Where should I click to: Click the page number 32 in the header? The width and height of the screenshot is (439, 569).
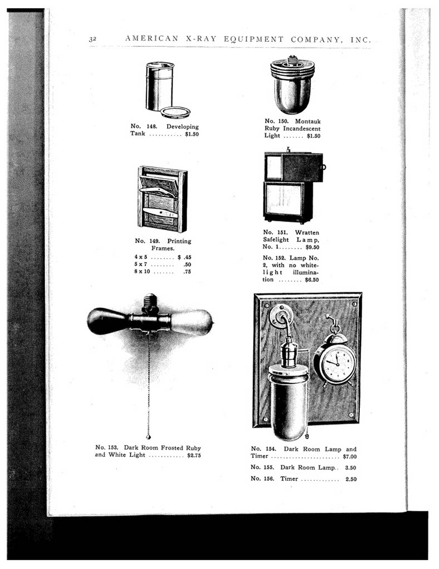[92, 39]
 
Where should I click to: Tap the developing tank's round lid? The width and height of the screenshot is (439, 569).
[175, 112]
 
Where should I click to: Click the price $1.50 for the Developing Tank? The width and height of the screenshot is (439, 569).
[191, 134]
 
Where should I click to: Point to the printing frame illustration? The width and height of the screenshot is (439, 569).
[162, 199]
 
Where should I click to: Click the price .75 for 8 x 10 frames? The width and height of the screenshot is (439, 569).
[187, 273]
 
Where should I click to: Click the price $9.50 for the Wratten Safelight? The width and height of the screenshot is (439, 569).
[312, 247]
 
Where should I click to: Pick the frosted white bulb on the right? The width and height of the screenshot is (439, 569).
[191, 322]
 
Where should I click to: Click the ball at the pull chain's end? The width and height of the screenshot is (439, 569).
[148, 437]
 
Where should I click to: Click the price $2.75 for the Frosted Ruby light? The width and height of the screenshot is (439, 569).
[194, 456]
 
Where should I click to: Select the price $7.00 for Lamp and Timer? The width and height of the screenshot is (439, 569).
[349, 457]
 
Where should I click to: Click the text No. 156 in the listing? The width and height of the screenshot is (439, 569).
[262, 479]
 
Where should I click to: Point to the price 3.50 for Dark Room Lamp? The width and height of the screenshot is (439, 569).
[350, 467]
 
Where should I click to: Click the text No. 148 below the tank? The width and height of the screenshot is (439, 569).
[143, 127]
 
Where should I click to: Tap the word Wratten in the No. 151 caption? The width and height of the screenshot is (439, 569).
[307, 233]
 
